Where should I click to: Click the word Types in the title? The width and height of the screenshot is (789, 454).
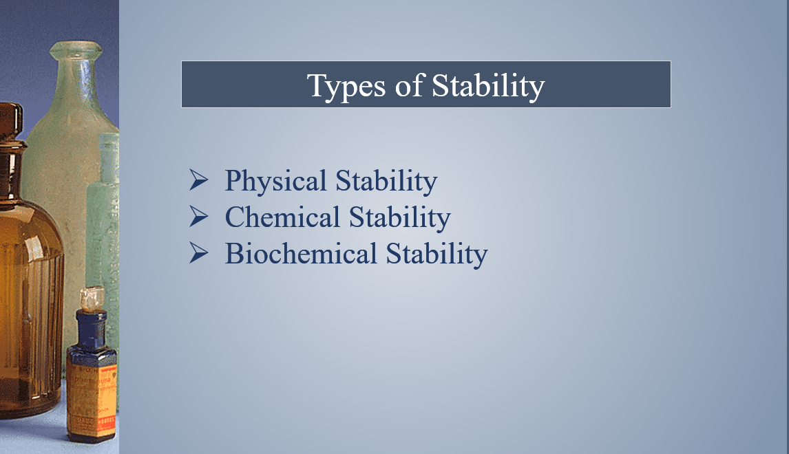click(x=347, y=86)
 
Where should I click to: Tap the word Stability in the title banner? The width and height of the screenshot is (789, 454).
click(x=488, y=86)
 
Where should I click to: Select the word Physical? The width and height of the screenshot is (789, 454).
click(x=276, y=181)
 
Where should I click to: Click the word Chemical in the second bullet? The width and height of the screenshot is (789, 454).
click(x=282, y=217)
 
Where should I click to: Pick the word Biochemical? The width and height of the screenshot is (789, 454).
click(x=301, y=253)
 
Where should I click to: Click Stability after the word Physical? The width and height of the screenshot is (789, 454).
click(x=386, y=181)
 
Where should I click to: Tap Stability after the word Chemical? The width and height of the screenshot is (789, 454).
click(x=400, y=217)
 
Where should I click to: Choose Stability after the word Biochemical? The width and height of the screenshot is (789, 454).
click(x=436, y=254)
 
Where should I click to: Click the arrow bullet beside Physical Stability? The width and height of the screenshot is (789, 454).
click(x=199, y=180)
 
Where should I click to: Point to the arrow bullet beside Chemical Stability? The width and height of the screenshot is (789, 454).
click(x=199, y=217)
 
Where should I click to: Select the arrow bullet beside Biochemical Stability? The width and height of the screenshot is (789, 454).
click(x=199, y=253)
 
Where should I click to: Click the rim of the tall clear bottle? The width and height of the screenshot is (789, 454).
click(x=76, y=50)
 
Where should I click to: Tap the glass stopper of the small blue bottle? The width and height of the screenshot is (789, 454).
click(x=92, y=299)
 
